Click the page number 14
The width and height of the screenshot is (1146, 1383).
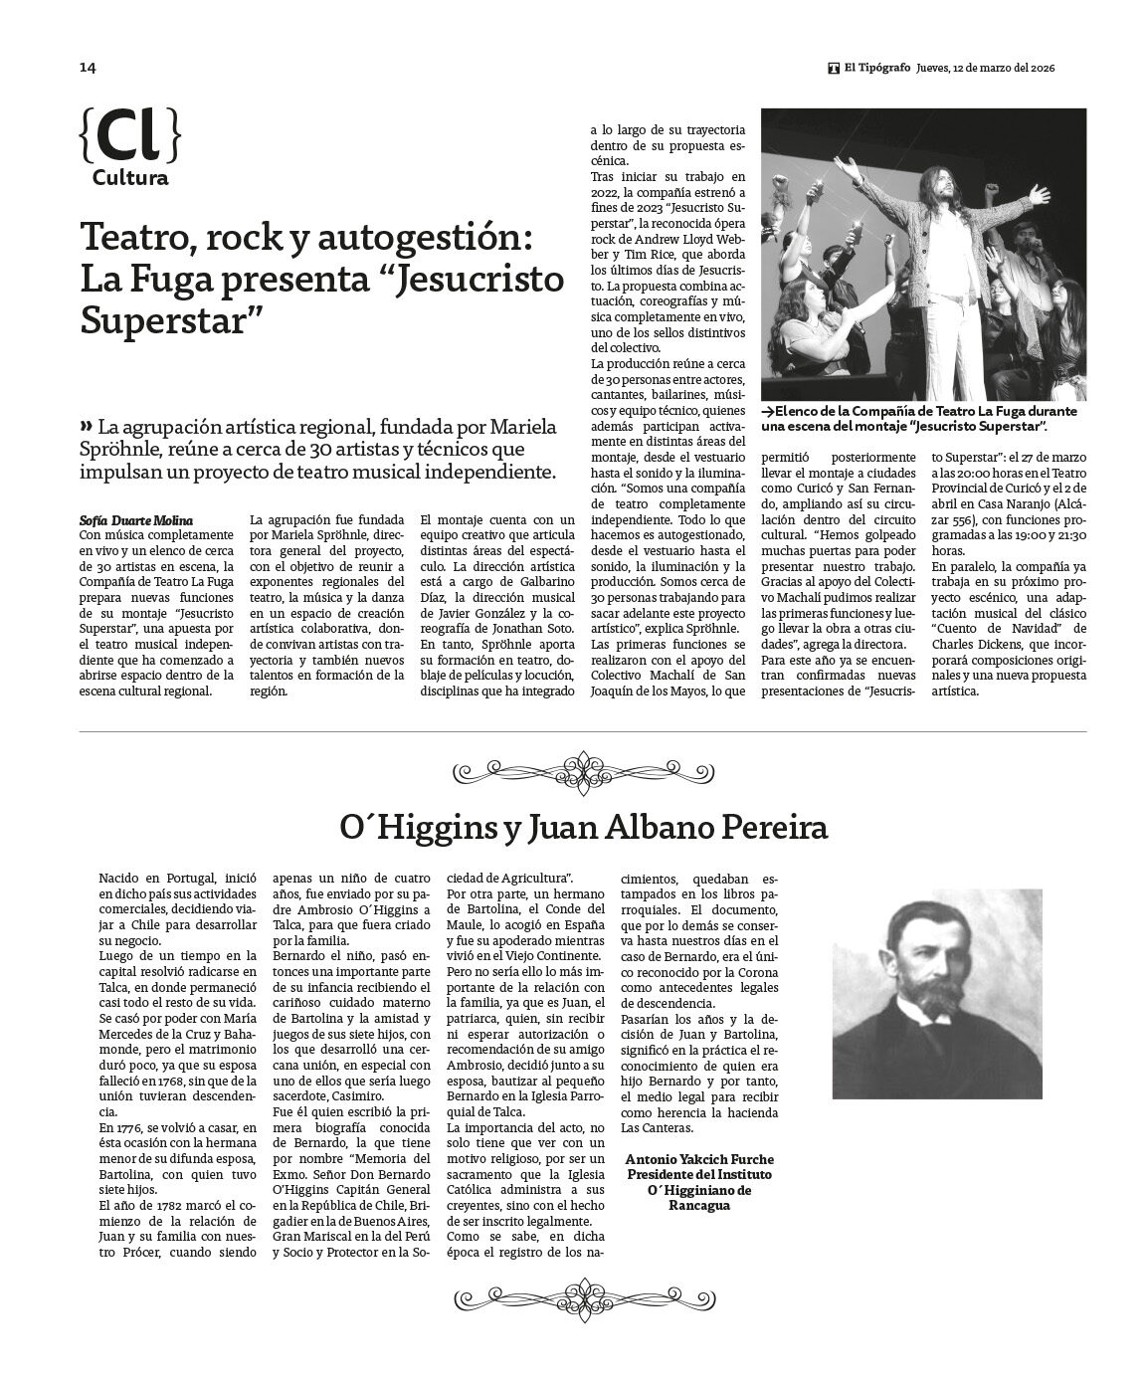(88, 68)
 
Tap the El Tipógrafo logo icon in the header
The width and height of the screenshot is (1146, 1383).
(834, 68)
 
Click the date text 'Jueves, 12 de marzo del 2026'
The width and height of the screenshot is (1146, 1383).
(986, 68)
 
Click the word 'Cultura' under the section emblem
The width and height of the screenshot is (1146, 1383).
(130, 179)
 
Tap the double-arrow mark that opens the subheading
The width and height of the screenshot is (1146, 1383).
(86, 426)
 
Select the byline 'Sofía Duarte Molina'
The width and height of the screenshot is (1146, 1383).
(135, 520)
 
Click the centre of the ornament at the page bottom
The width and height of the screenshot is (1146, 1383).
(582, 1296)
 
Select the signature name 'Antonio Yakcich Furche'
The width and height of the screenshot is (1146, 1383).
(699, 1160)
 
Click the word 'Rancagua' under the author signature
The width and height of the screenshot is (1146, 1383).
(699, 1205)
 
